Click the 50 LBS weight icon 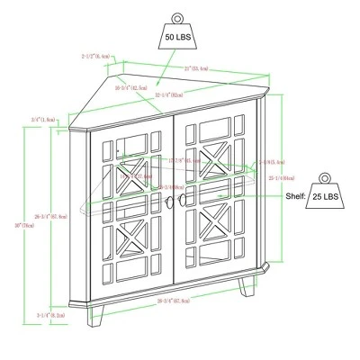point(176,37)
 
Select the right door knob point(183,199)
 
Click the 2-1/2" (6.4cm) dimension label point(96,56)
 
